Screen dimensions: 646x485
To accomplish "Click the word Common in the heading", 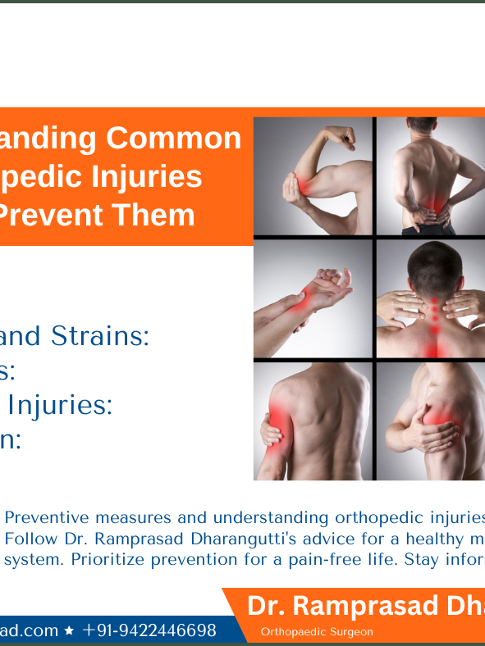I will click(x=173, y=139).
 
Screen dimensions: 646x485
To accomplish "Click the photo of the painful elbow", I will click(x=313, y=176).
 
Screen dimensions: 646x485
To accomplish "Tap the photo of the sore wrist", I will click(x=313, y=298).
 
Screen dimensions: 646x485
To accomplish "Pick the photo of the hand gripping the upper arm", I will click(x=313, y=421).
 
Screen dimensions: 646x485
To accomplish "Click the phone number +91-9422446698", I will click(x=149, y=630).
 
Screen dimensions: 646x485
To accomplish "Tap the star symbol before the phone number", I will click(x=69, y=631).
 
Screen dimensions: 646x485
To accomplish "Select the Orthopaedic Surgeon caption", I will click(x=317, y=632).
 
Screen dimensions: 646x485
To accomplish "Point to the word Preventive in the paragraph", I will click(x=47, y=517).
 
